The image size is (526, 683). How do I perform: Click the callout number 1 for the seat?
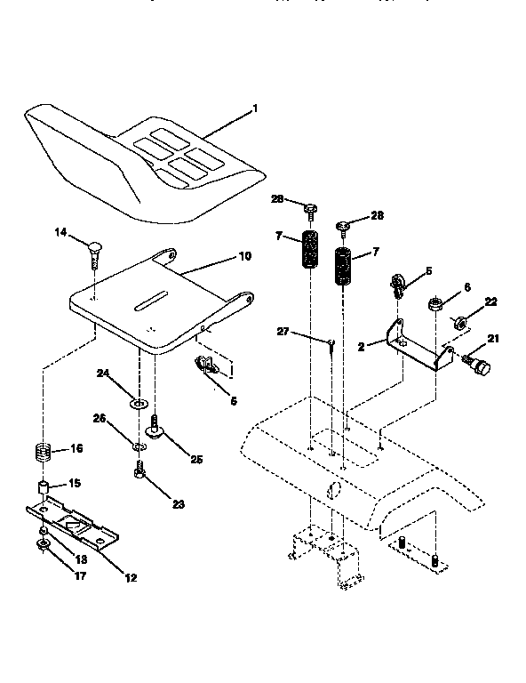[x=255, y=108]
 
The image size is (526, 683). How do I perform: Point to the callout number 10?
[x=243, y=256]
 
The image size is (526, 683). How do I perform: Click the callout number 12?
[x=130, y=578]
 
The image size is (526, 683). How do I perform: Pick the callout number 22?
[x=490, y=302]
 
